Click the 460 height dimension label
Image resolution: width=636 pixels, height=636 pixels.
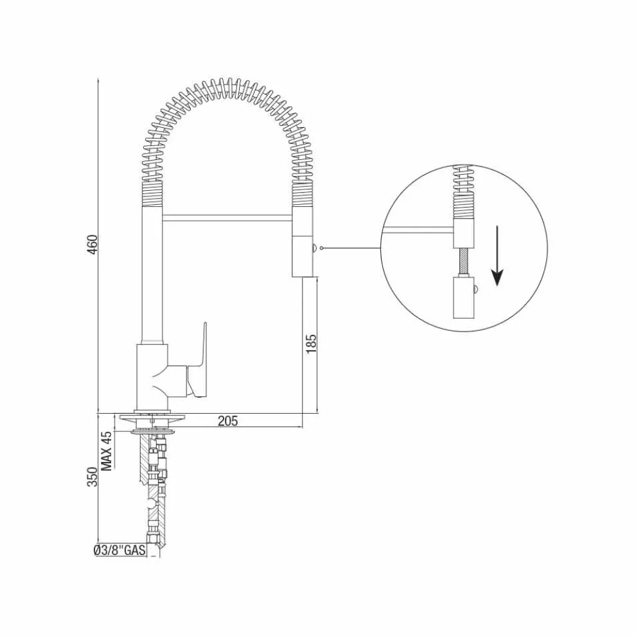pos(94,244)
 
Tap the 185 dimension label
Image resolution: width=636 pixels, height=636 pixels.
pos(311,343)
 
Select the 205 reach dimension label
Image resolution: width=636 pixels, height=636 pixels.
pos(228,421)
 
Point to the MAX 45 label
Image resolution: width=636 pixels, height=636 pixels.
pos(106,451)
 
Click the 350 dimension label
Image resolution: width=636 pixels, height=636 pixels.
pos(93,477)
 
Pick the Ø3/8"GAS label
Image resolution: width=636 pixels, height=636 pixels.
pos(119,550)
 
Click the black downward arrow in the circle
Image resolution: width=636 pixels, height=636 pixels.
pos(497,256)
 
